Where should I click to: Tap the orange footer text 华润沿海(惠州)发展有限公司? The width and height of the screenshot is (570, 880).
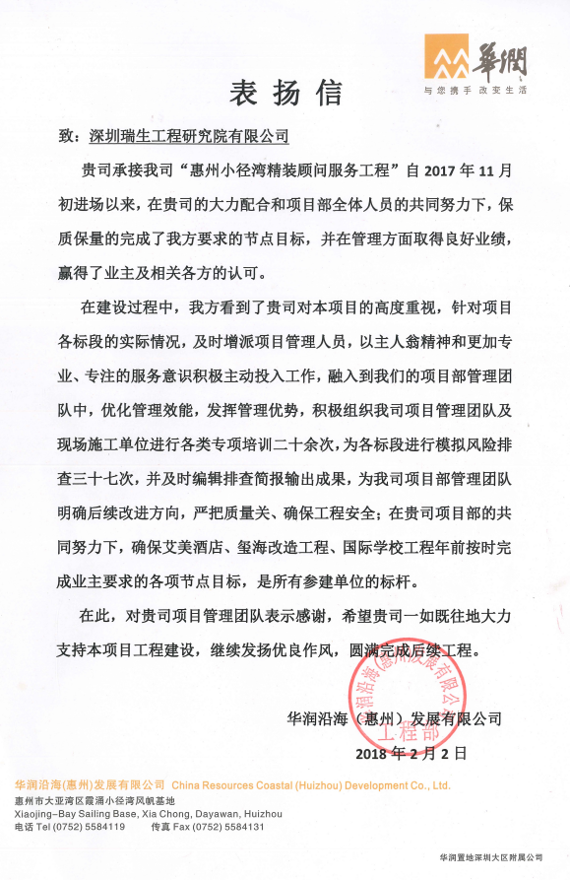click(90, 785)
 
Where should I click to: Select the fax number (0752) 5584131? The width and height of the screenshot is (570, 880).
click(233, 827)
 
